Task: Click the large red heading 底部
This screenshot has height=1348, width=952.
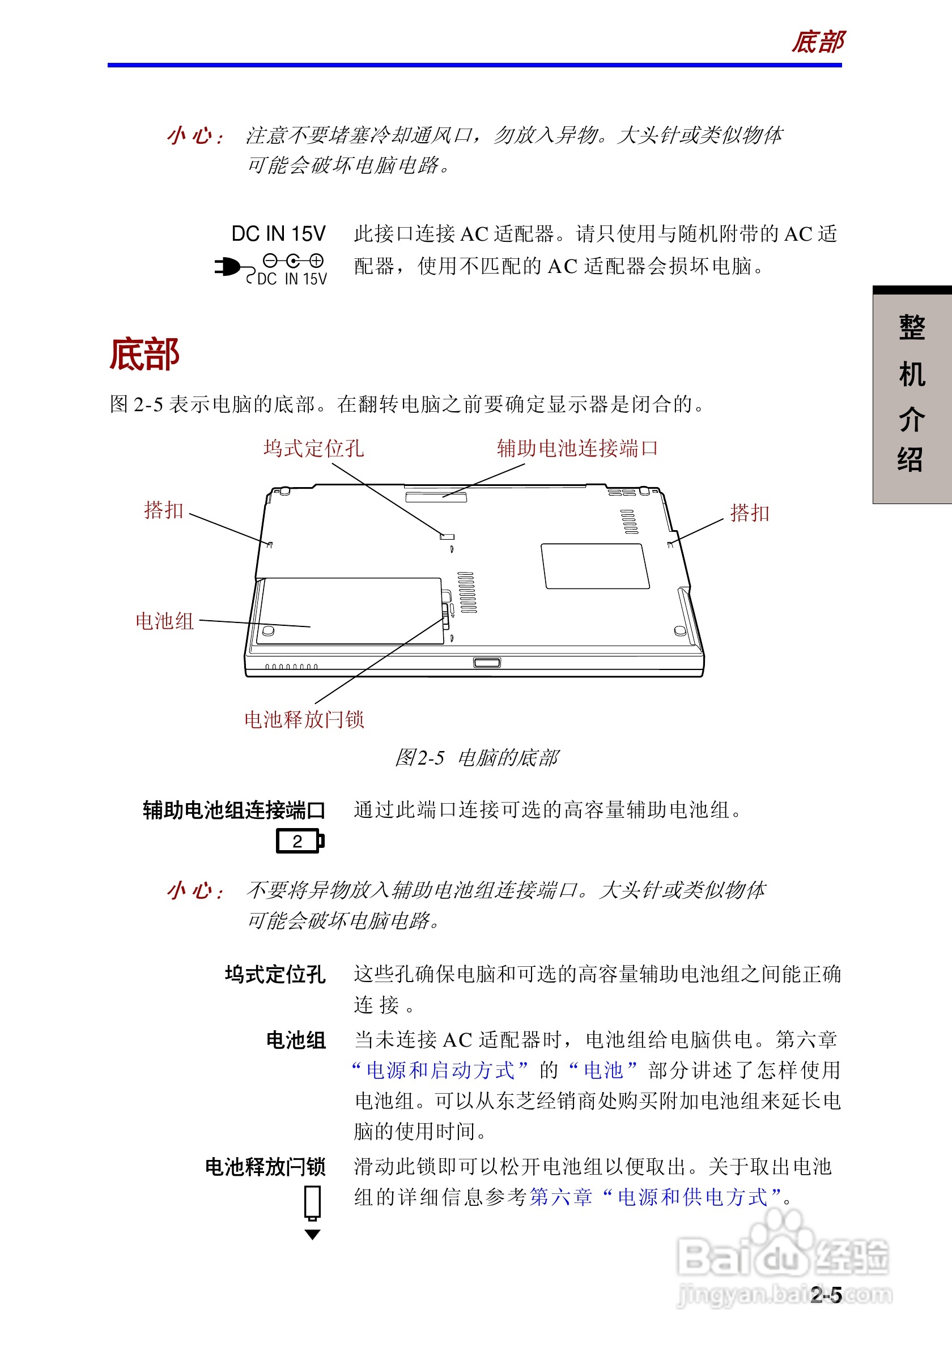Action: [x=144, y=355]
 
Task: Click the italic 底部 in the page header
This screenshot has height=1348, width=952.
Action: [x=818, y=42]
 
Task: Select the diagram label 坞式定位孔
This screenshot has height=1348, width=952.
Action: [x=313, y=449]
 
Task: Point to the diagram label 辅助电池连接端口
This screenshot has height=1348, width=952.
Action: [x=577, y=449]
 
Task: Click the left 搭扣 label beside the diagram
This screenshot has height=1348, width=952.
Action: [x=164, y=510]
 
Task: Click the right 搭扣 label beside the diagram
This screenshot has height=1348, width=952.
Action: [x=749, y=513]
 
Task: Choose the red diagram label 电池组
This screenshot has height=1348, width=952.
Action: [x=164, y=621]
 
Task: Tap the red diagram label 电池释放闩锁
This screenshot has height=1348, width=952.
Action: [x=304, y=719]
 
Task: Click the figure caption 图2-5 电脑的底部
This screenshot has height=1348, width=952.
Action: [x=477, y=758]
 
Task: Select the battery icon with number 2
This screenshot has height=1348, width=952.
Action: [x=300, y=841]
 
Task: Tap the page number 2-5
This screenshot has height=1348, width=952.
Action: [x=826, y=1295]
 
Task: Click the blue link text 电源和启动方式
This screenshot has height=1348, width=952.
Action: [x=440, y=1070]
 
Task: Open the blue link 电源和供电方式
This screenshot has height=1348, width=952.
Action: [x=692, y=1197]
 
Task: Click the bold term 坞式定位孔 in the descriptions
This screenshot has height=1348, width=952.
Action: [x=275, y=975]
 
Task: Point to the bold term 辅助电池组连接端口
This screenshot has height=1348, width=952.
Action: [x=233, y=810]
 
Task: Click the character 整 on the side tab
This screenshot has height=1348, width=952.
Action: [x=911, y=327]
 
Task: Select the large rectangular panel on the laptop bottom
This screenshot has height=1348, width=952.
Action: [x=595, y=566]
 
